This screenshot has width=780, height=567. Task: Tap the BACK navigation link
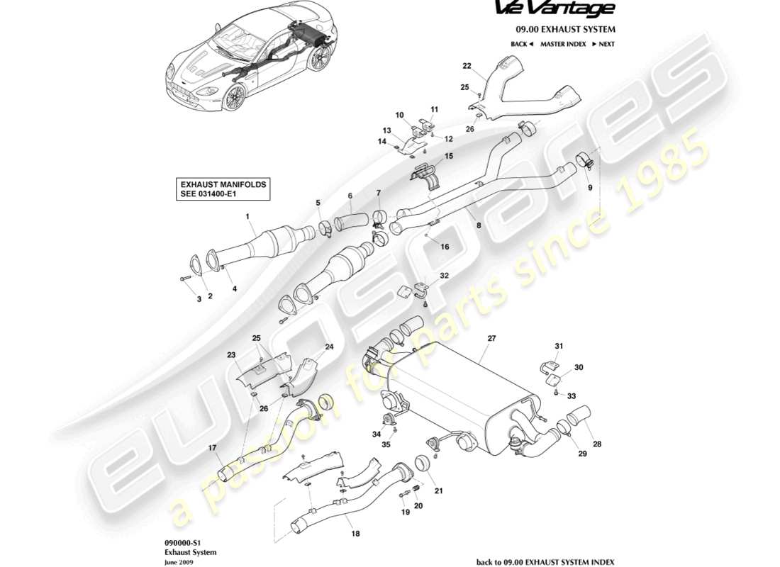pos(521,44)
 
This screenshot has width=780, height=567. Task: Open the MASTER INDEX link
pos(563,44)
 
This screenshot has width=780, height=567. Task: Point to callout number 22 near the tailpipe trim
pos(467,66)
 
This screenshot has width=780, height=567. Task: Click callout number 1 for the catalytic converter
pos(247,215)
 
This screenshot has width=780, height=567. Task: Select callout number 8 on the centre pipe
pos(479,225)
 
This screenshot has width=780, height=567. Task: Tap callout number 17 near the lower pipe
pos(211,448)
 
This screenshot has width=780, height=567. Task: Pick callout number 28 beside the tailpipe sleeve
pos(596,444)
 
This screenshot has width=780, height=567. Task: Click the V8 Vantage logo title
pos(564,10)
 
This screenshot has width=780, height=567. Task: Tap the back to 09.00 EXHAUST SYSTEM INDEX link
pos(545,562)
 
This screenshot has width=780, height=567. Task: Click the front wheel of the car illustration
pos(233,96)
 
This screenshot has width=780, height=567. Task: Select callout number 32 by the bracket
pos(444,275)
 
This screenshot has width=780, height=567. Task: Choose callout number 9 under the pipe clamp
pos(589,188)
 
